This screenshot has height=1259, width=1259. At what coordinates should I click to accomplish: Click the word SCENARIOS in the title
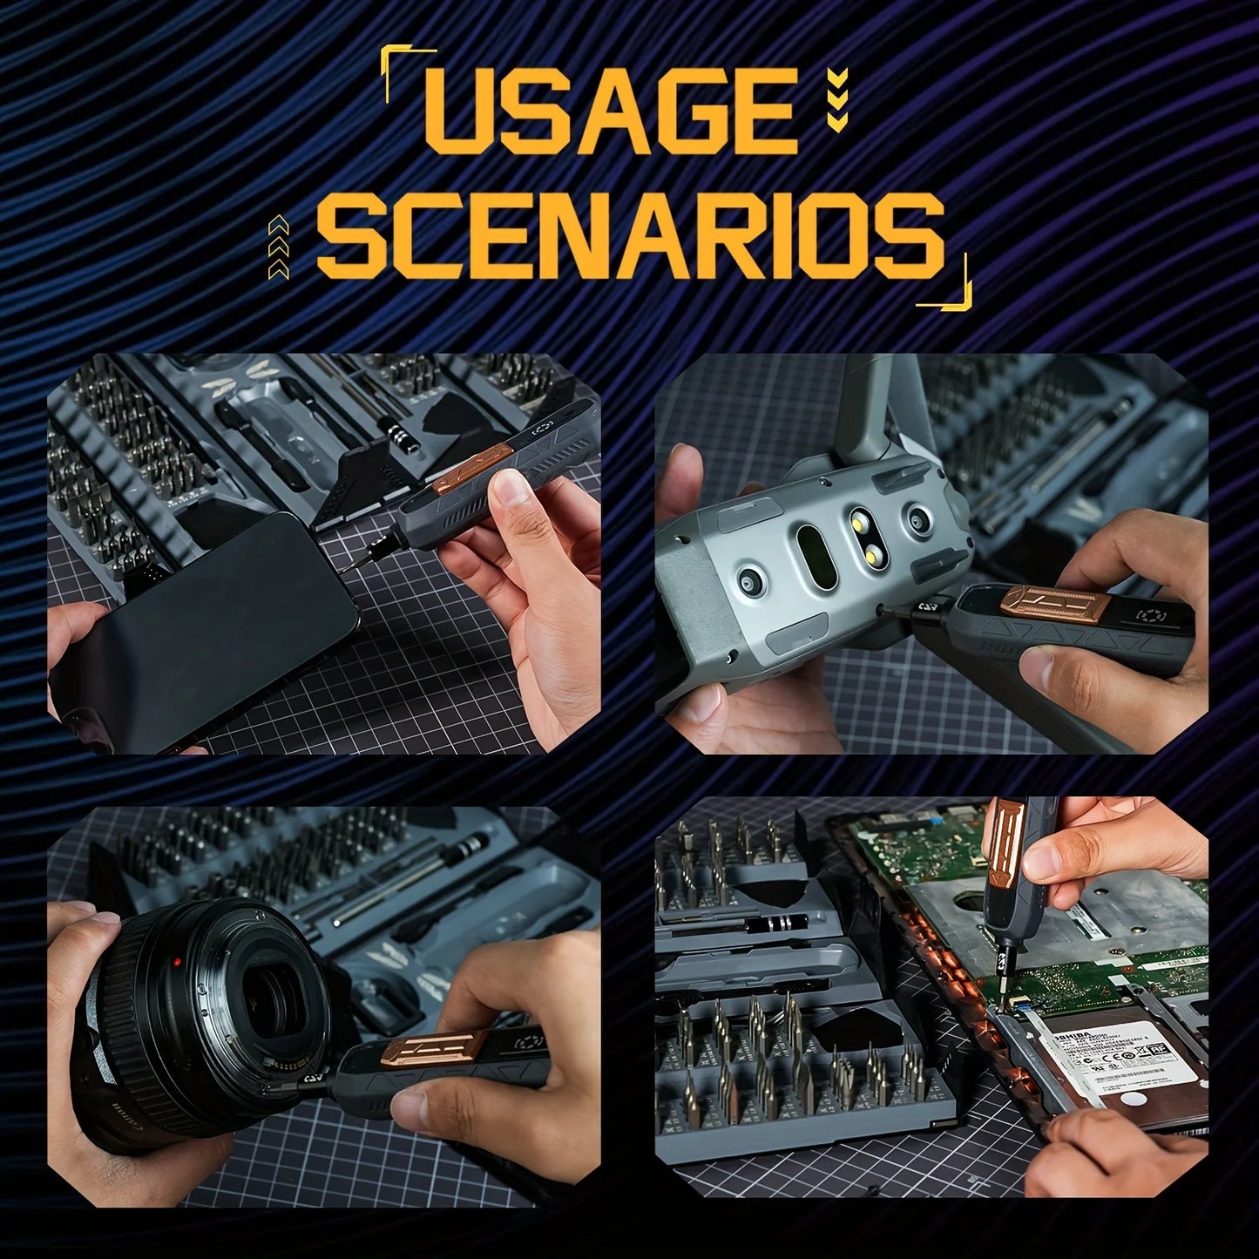coord(629,234)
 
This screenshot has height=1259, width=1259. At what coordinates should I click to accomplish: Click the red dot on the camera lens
coord(178,963)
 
